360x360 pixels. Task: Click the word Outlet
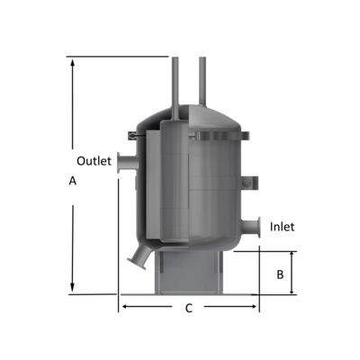(93, 161)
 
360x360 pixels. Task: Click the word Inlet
(282, 227)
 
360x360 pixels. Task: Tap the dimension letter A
(72, 181)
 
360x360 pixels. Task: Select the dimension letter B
(280, 273)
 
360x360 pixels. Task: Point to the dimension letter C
(188, 309)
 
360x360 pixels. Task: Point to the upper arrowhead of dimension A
(71, 63)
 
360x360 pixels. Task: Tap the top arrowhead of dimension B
(292, 256)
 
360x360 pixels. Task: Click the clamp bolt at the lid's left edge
(131, 136)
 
